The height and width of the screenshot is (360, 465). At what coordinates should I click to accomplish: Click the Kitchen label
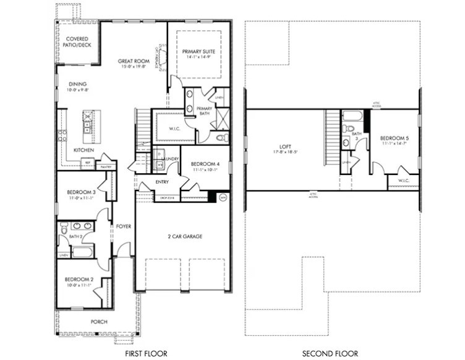point(83,150)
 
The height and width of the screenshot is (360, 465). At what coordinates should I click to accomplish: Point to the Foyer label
point(124,226)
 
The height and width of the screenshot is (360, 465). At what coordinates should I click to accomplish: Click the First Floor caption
point(146,353)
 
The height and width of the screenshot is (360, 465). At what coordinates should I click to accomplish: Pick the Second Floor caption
point(330,353)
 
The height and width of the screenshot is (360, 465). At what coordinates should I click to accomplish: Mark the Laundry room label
point(170,159)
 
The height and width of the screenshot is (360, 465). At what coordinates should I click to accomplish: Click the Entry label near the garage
point(162,182)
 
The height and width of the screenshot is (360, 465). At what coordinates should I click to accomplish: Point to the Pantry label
point(106,167)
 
